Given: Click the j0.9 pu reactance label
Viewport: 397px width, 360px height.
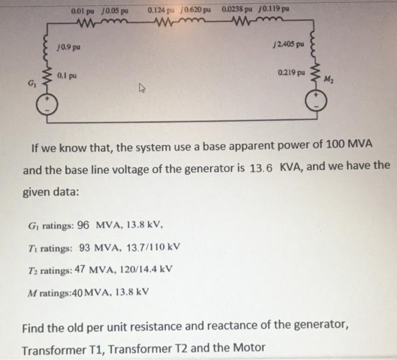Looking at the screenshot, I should click(x=69, y=47).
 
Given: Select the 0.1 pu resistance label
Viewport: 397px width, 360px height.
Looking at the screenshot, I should click(x=70, y=75).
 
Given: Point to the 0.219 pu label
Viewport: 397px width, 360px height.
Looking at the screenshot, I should click(x=292, y=73).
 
